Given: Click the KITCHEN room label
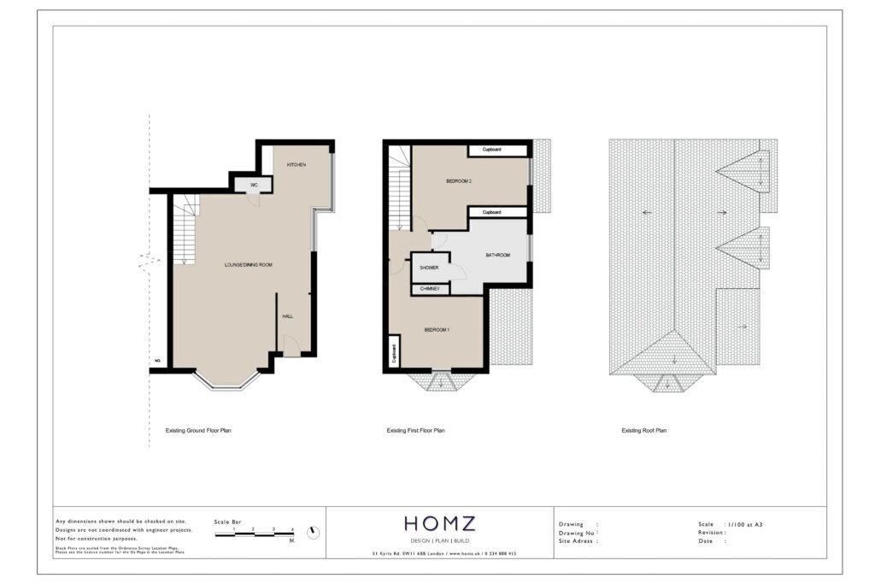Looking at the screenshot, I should point(297,164).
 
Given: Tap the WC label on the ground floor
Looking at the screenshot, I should point(254,185).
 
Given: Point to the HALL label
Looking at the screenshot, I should point(288,316).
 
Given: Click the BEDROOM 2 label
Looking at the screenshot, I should point(459,181).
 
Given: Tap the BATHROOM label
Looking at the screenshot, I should point(498,256).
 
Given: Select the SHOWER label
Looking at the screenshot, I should point(429,268).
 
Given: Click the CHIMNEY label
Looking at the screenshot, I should point(430,289).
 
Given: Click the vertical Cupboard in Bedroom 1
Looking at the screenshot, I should point(394,351).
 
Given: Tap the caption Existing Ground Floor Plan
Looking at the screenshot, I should point(198,431).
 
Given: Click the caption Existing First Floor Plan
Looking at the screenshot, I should point(415,431).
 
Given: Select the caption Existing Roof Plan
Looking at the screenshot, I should point(644,431).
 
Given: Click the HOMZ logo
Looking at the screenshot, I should point(440,523).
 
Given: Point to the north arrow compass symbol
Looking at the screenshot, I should point(314,532).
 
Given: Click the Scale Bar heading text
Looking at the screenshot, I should point(227,521).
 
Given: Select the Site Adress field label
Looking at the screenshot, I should point(578,541).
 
